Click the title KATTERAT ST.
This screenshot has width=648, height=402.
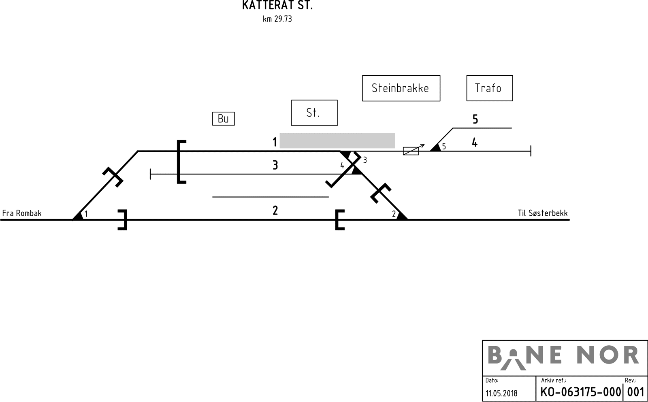[x=277, y=6]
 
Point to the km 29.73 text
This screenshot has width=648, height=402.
[x=277, y=19]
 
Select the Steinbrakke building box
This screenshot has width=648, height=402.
[x=401, y=88]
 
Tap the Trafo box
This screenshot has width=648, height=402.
[x=489, y=88]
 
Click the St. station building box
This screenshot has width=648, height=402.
[x=314, y=113]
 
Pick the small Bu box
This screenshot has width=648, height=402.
[x=223, y=119]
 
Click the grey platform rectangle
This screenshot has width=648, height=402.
[x=337, y=140]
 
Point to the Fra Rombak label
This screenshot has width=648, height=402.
[x=22, y=213]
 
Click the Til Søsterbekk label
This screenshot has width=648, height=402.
[x=543, y=213]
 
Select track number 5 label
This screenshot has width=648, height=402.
[x=475, y=119]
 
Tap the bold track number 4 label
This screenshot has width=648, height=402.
[x=475, y=143]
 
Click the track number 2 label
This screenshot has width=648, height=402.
[x=275, y=211]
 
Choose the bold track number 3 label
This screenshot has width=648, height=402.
[x=275, y=165]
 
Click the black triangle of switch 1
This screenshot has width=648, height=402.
[x=79, y=216]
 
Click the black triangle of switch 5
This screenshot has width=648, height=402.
[x=436, y=148]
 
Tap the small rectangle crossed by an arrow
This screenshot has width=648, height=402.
[x=411, y=151]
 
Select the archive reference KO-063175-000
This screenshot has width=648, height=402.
[x=580, y=392]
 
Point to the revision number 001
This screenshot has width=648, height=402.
[x=635, y=392]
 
